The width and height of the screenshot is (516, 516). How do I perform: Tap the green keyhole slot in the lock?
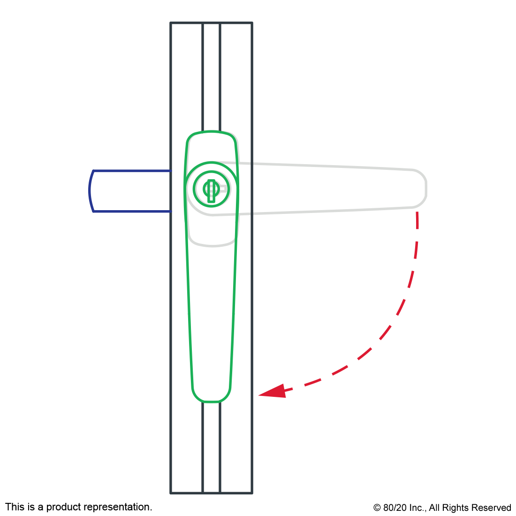tap(211, 190)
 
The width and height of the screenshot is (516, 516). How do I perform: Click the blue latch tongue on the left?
tap(130, 191)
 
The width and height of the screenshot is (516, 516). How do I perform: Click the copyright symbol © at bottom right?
tap(377, 508)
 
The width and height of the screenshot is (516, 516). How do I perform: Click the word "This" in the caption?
tap(15, 507)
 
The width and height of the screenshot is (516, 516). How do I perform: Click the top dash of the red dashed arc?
tap(417, 220)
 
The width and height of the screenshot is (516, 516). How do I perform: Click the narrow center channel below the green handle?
tap(211, 448)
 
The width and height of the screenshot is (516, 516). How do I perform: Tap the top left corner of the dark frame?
tap(170, 23)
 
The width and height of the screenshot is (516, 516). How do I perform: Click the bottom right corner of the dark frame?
tap(252, 493)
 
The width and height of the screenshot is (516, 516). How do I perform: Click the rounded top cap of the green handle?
tap(211, 132)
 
